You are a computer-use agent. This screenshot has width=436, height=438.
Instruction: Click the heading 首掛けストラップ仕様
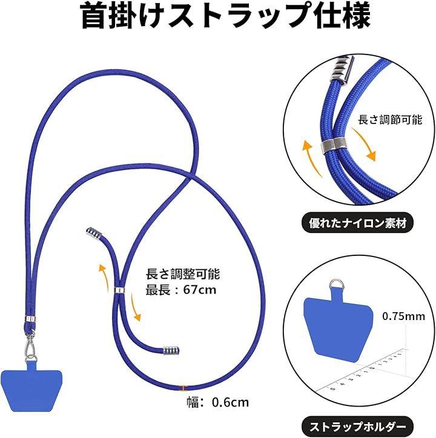pos(226,16)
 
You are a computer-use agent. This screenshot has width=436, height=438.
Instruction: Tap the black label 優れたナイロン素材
pos(358,223)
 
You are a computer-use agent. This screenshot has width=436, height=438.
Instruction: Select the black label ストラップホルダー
pos(358,427)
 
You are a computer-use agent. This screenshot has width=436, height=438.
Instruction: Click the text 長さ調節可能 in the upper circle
pos(390,120)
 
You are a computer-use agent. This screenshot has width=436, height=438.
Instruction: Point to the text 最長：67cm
pos(181,290)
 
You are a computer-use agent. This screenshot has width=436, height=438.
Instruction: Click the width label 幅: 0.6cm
pos(218,402)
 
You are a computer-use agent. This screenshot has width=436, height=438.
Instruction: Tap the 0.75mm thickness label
pos(403,316)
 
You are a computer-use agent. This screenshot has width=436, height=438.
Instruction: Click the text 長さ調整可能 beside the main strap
pos(183,273)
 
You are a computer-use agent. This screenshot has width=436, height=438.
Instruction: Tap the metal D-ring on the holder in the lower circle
pos(336,284)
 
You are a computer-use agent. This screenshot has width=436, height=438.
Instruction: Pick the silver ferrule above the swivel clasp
pos(30,319)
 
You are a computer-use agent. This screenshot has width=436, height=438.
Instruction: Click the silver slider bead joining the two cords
pos(120,290)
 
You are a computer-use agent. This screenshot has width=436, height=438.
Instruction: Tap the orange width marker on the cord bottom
pos(182,388)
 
